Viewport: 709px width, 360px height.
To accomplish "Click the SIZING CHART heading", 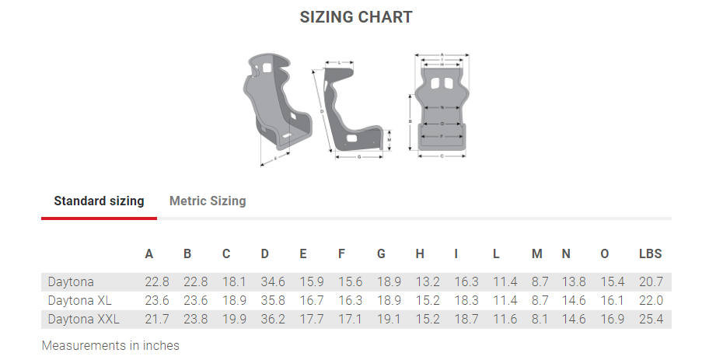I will [x=356, y=17].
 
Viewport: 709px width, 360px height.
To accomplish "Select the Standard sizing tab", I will [x=99, y=201].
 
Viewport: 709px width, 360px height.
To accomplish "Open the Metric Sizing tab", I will [x=208, y=201].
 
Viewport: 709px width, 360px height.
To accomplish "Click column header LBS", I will [x=650, y=253].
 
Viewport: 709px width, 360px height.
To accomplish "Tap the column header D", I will [x=265, y=253].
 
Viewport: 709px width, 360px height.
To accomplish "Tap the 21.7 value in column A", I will [x=157, y=319].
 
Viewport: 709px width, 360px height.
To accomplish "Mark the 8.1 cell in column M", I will [x=540, y=319].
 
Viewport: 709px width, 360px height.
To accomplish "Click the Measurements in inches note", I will [x=110, y=345].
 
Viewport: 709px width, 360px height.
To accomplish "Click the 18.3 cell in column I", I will [x=466, y=300].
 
